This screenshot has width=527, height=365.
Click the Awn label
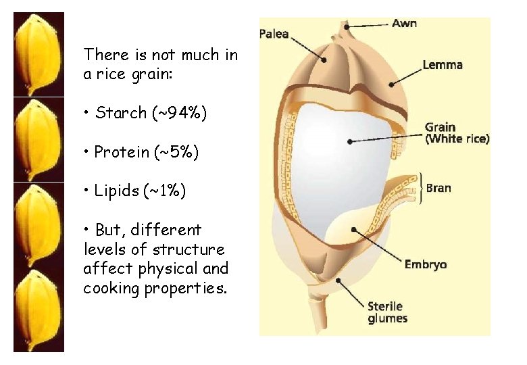pos(404,24)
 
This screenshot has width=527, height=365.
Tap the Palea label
pos(274,34)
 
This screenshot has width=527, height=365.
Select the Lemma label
pos(442,66)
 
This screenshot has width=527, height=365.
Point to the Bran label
pos(438,187)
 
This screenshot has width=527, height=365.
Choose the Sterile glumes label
pos(388,312)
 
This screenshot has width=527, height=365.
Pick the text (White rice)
pos(457,139)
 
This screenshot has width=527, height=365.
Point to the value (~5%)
pos(176,152)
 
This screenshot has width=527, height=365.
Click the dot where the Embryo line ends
pos(354,230)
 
